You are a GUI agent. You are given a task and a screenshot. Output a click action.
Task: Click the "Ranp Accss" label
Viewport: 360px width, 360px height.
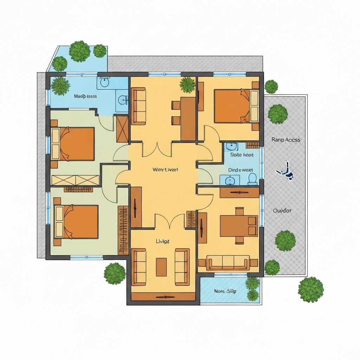(x=286, y=140)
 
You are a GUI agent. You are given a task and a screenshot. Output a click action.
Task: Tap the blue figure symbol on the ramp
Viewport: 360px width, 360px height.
(x=285, y=171)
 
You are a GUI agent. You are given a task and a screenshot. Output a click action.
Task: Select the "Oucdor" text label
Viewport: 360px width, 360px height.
(x=282, y=211)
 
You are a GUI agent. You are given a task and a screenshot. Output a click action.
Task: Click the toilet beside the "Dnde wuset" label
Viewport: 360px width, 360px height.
(x=252, y=179)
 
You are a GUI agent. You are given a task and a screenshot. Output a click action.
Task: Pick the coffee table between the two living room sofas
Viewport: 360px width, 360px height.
(x=161, y=267)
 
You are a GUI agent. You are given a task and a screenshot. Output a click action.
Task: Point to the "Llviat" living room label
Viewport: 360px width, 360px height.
(x=162, y=242)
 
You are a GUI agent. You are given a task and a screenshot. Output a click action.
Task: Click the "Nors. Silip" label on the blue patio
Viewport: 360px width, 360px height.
(x=225, y=291)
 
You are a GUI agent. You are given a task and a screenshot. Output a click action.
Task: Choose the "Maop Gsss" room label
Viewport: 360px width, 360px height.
(x=85, y=96)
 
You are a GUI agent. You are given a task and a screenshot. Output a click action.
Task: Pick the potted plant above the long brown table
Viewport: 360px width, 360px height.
(x=187, y=84)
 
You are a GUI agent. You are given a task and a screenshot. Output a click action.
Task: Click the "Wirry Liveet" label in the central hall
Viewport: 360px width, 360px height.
(x=165, y=169)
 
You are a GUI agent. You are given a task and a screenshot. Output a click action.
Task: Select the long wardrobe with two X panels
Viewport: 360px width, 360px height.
(x=75, y=180)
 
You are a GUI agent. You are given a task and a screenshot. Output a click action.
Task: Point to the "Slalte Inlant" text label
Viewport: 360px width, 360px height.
(x=242, y=155)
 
